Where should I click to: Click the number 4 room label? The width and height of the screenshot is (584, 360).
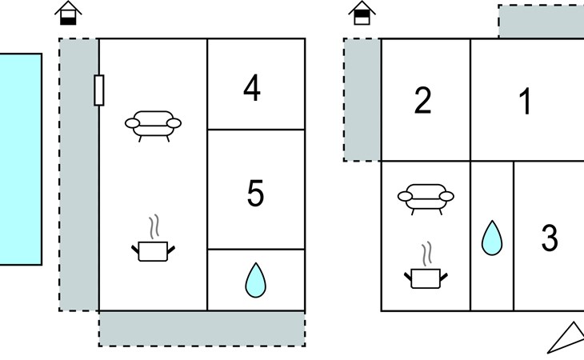252,88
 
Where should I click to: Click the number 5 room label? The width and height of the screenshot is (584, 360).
255,193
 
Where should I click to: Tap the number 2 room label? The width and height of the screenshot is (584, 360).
422,100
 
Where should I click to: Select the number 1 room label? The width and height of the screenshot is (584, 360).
525,101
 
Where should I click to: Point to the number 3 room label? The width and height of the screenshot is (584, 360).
550,238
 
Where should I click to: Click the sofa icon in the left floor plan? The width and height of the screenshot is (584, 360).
153,126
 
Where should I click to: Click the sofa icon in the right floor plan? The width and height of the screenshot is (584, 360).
426,199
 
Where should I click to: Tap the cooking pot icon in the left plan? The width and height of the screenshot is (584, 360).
153,238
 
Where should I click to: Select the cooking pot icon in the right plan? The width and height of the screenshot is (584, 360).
426,265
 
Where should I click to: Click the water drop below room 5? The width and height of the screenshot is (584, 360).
255,280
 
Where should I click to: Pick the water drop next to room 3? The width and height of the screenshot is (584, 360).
492,238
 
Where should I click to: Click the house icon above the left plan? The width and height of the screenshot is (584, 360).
68,13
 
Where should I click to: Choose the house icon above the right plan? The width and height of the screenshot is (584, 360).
362,13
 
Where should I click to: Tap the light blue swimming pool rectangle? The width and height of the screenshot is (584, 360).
21,159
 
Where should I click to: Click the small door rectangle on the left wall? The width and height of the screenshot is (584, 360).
99,90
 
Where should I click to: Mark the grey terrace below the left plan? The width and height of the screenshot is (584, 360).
202,329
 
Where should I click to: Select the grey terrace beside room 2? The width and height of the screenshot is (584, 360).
362,100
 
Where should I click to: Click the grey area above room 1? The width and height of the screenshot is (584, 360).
541,22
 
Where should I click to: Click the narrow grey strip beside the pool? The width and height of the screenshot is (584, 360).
78,174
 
